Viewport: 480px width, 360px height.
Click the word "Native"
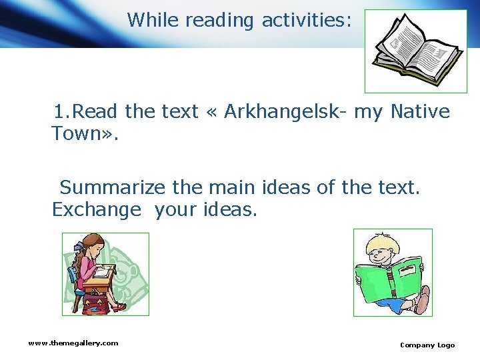(x=420, y=111)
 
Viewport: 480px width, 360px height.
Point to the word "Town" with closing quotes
(x=85, y=133)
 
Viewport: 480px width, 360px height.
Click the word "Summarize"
(x=113, y=188)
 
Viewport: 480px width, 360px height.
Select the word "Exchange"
(x=97, y=210)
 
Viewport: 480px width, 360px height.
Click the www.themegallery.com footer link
(x=73, y=343)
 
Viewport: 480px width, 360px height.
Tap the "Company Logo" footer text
(x=427, y=345)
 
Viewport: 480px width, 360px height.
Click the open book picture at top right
(x=416, y=51)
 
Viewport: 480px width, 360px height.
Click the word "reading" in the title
(x=219, y=20)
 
